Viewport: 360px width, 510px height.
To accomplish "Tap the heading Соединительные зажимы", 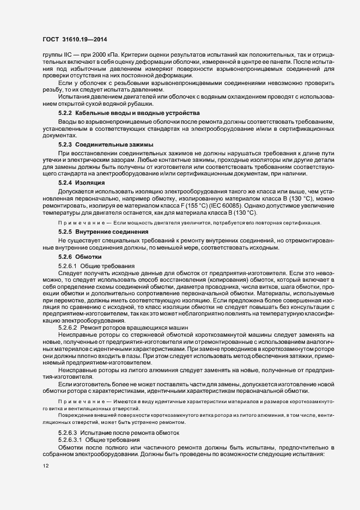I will pyautogui.click(x=114, y=144).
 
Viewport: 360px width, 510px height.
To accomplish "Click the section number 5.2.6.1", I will pyautogui.click(x=68, y=265).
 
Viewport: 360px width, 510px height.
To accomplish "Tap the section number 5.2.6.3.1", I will pyautogui.click(x=71, y=424).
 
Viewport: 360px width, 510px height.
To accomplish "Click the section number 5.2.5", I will pyautogui.click(x=65, y=232).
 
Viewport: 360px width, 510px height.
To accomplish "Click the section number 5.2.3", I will pyautogui.click(x=65, y=144).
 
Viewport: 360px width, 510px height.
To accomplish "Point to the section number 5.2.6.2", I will pyautogui.click(x=68, y=329).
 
